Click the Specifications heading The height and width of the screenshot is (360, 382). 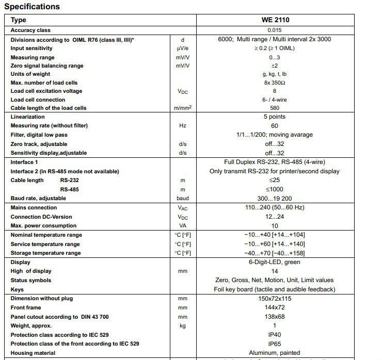click(32, 7)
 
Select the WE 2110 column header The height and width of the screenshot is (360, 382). click(275, 20)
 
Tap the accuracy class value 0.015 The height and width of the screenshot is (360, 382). click(275, 30)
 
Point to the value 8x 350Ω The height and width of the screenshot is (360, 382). click(275, 83)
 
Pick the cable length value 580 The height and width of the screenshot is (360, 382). click(275, 108)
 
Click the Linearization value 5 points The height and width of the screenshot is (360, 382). click(275, 117)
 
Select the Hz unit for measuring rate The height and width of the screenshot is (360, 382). click(183, 125)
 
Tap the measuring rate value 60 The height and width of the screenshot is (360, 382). click(275, 125)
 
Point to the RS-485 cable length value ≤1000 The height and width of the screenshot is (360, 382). click(275, 189)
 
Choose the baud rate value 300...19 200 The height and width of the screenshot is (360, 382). click(275, 198)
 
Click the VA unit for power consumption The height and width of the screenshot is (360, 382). click(183, 225)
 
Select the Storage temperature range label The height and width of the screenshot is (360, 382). click(46, 253)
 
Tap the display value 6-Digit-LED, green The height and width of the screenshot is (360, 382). click(275, 262)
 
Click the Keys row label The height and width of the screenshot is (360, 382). click(17, 289)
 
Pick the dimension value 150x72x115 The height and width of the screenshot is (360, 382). click(275, 298)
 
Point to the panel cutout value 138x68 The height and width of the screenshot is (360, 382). click(275, 317)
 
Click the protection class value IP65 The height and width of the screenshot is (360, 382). click(275, 343)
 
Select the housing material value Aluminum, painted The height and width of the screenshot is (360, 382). click(275, 353)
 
